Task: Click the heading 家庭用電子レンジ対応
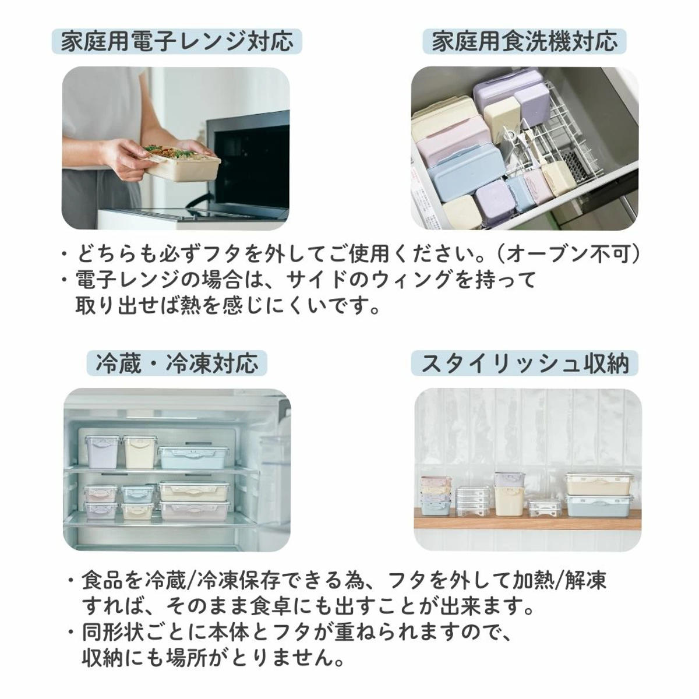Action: tap(176, 41)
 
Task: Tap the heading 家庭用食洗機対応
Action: tap(524, 41)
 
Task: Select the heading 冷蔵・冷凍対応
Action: tap(176, 363)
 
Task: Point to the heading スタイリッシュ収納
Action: tap(524, 363)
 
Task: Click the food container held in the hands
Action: tap(181, 164)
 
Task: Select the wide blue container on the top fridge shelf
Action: tap(194, 458)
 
